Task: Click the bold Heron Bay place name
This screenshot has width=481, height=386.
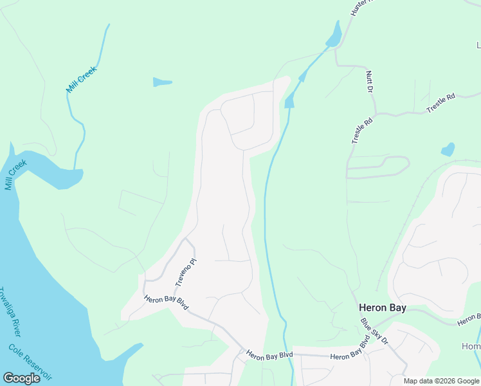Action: (382, 308)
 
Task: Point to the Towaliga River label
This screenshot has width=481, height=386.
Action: (11, 311)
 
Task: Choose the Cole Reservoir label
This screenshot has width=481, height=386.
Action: (30, 362)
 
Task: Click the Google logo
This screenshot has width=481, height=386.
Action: (21, 378)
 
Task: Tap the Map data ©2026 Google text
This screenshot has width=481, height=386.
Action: (440, 381)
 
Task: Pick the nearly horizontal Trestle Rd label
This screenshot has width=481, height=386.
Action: (441, 103)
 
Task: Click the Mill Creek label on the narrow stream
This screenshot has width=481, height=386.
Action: (81, 79)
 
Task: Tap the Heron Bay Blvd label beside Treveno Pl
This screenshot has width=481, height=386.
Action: (167, 302)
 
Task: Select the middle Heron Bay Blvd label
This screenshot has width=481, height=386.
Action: (269, 354)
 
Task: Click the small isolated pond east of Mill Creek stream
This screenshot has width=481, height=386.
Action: (161, 82)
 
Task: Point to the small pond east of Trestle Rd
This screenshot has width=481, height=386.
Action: (448, 150)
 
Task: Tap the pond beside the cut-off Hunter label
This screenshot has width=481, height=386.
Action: (334, 35)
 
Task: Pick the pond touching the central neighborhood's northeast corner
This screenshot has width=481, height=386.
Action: (289, 100)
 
